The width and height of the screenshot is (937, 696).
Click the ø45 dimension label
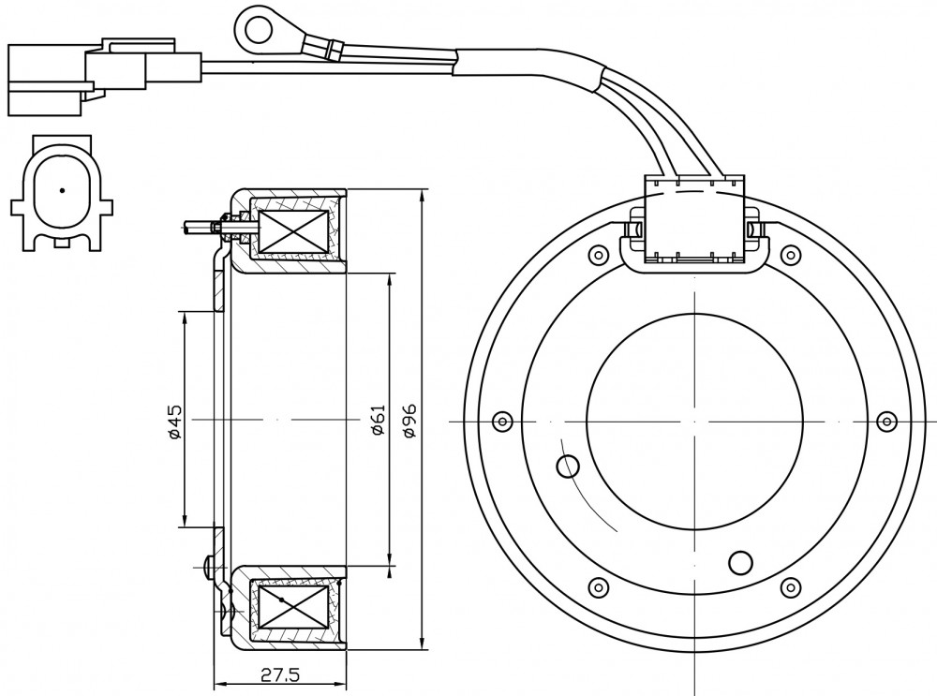[174, 422]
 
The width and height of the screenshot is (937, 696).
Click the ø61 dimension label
[378, 420]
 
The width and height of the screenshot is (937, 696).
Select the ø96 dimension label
[410, 421]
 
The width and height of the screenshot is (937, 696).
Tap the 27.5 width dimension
[280, 675]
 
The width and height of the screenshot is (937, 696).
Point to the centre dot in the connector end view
[62, 191]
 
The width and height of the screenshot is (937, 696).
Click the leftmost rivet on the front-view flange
[502, 422]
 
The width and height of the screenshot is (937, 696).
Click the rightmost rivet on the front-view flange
[887, 422]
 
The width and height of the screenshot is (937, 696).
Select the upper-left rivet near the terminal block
[598, 255]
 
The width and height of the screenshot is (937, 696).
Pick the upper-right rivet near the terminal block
[791, 255]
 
